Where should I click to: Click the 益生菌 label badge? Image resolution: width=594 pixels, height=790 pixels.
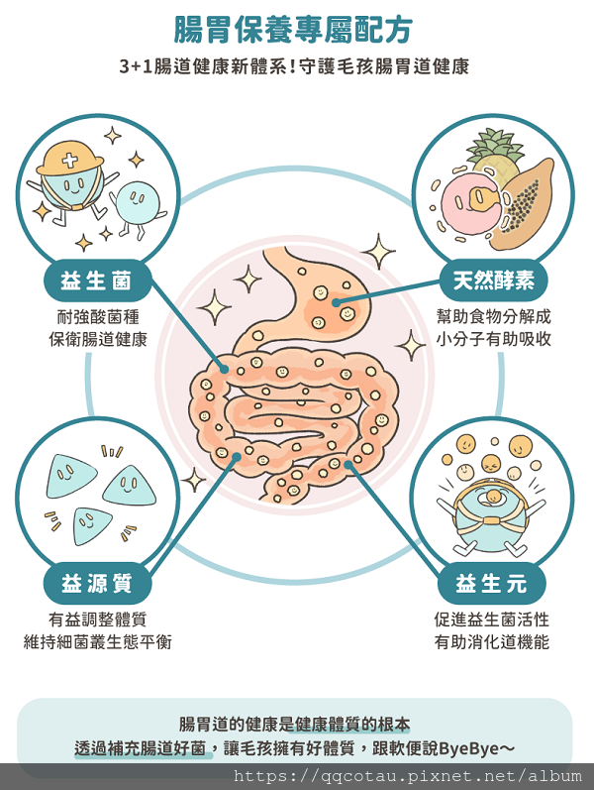pyautogui.click(x=97, y=281)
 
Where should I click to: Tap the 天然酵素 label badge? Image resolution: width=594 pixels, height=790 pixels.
pyautogui.click(x=493, y=281)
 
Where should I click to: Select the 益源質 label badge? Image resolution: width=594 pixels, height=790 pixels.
pyautogui.click(x=97, y=584)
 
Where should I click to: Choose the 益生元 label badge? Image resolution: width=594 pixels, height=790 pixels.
pyautogui.click(x=491, y=584)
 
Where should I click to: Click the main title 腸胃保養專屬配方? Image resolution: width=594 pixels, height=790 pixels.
pyautogui.click(x=293, y=29)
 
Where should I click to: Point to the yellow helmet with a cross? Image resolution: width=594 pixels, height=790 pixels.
pyautogui.click(x=69, y=158)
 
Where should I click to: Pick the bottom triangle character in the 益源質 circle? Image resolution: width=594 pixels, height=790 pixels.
pyautogui.click(x=92, y=525)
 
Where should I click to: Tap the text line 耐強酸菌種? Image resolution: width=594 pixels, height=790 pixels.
pyautogui.click(x=98, y=317)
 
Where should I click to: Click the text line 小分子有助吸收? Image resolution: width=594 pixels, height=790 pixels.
pyautogui.click(x=494, y=339)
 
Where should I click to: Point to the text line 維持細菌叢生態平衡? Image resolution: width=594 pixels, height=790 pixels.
pyautogui.click(x=98, y=642)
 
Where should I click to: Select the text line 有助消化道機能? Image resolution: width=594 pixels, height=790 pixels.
pyautogui.click(x=492, y=642)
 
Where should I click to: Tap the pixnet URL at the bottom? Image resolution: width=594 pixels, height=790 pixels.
pyautogui.click(x=408, y=776)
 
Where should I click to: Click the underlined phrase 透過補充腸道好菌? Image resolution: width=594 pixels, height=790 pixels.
pyautogui.click(x=140, y=748)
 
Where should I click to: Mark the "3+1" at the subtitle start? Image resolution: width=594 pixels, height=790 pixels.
pyautogui.click(x=136, y=66)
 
